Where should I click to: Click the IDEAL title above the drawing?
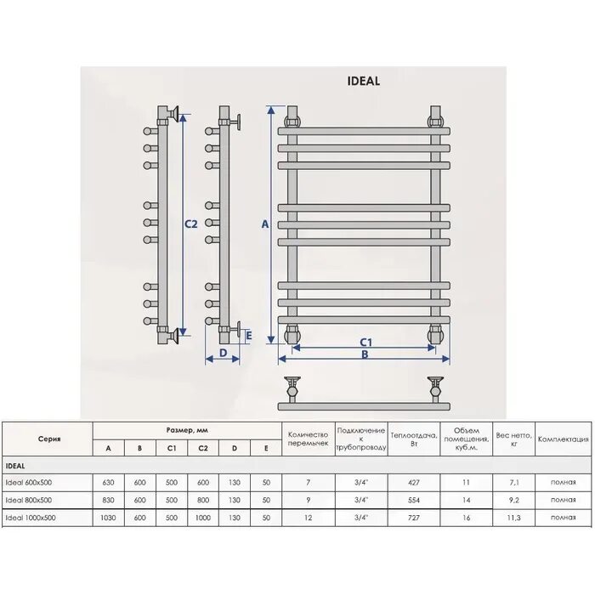click(364, 82)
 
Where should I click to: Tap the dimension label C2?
click(191, 224)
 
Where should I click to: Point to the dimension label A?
click(264, 224)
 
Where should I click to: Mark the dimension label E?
click(248, 335)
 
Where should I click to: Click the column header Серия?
click(48, 439)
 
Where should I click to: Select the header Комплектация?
click(564, 439)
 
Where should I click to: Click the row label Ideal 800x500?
click(28, 500)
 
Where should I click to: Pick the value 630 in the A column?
click(108, 483)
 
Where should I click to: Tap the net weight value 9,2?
click(514, 500)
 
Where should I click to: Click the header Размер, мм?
click(186, 430)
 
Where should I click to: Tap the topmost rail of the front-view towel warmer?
click(364, 131)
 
